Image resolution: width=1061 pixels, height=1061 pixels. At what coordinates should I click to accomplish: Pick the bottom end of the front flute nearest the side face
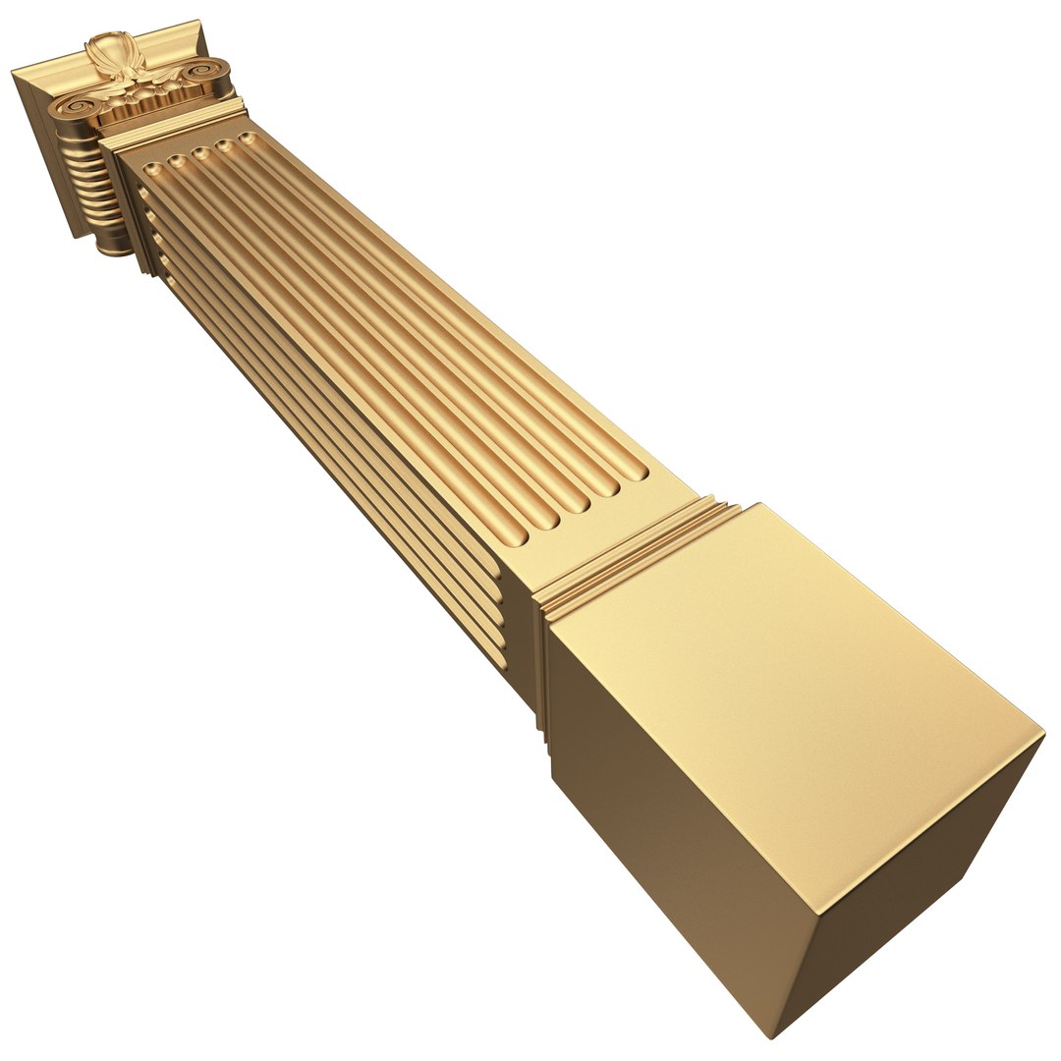(x=516, y=538)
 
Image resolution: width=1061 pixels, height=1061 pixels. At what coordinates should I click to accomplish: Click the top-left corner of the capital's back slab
(x=14, y=72)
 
